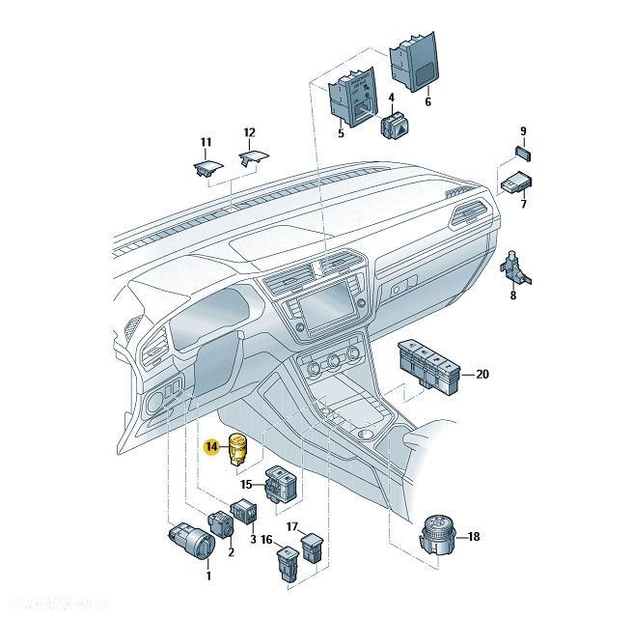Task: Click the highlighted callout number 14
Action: click(x=211, y=446)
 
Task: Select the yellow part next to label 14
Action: click(x=237, y=449)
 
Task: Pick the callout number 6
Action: click(x=428, y=101)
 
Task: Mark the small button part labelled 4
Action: click(x=397, y=127)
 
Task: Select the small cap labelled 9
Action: click(x=521, y=153)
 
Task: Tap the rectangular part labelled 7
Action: click(x=517, y=182)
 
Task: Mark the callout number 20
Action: click(x=482, y=374)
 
